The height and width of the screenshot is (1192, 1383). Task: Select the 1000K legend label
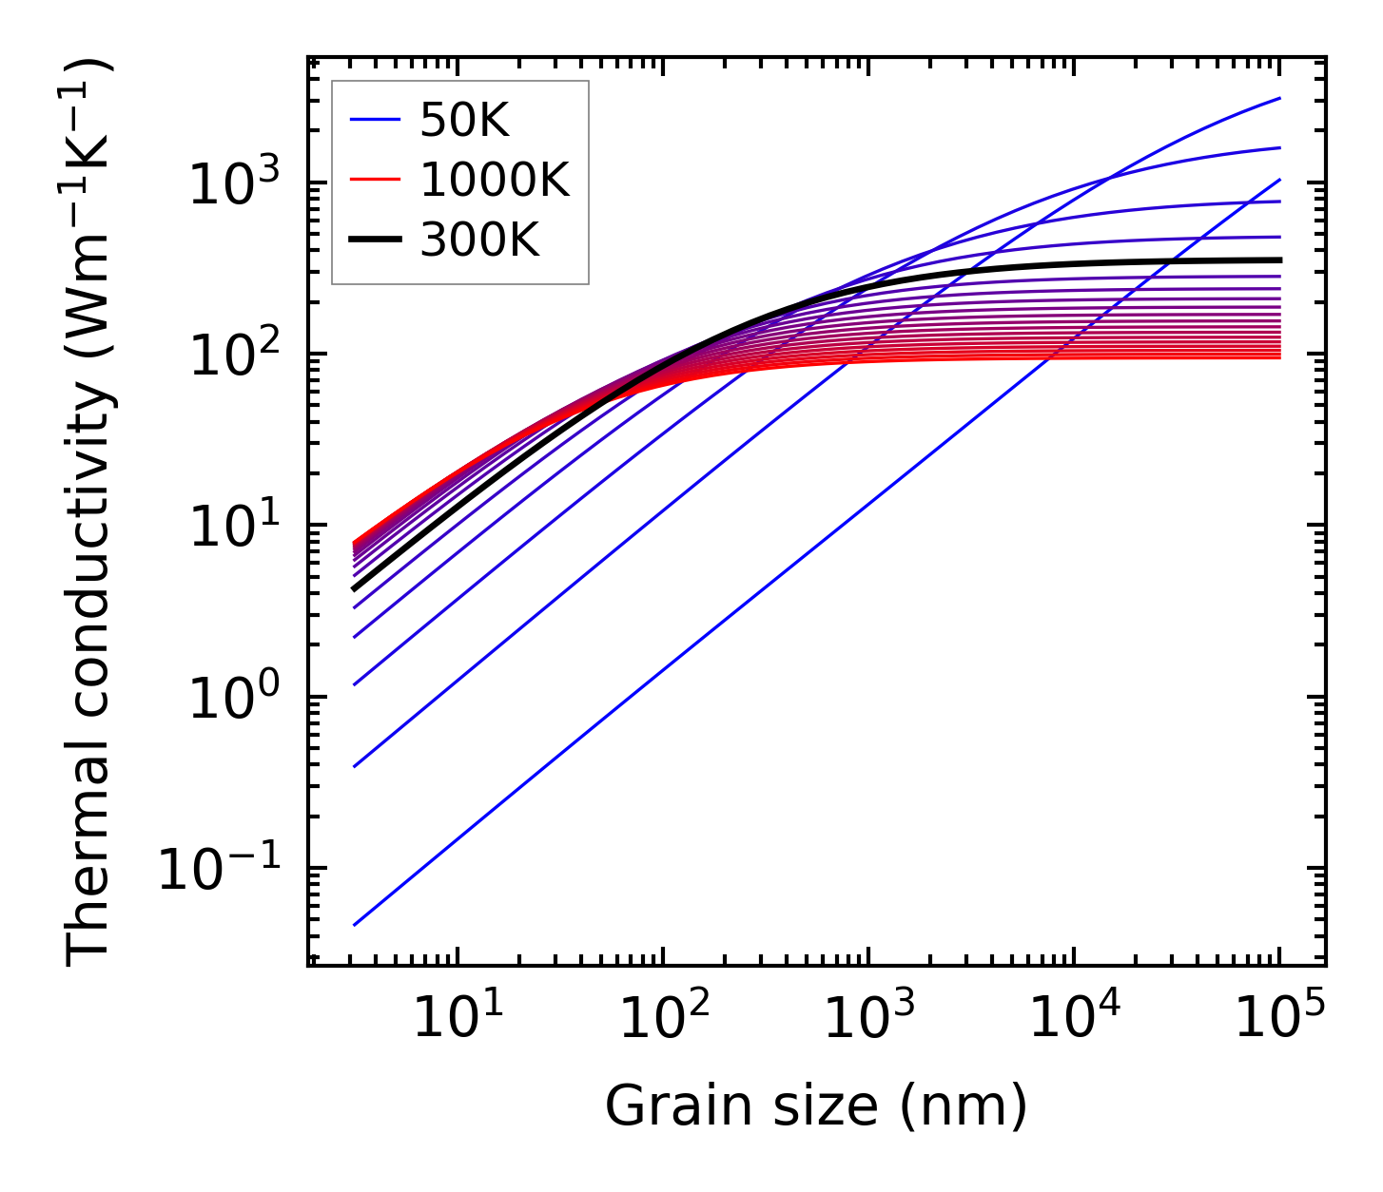coord(495,180)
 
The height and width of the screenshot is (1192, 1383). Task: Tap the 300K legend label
coord(479,240)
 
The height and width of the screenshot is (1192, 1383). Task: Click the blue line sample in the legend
coord(376,120)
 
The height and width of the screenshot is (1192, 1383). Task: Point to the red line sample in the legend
coord(376,180)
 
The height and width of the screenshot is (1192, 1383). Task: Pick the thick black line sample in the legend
coord(376,240)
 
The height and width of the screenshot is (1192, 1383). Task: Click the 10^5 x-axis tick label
coord(1278,1018)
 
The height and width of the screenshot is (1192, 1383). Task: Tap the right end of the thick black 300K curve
coord(1280,260)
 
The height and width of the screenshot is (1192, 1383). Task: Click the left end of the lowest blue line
coord(354,925)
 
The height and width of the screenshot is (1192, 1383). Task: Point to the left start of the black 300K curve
coord(354,589)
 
